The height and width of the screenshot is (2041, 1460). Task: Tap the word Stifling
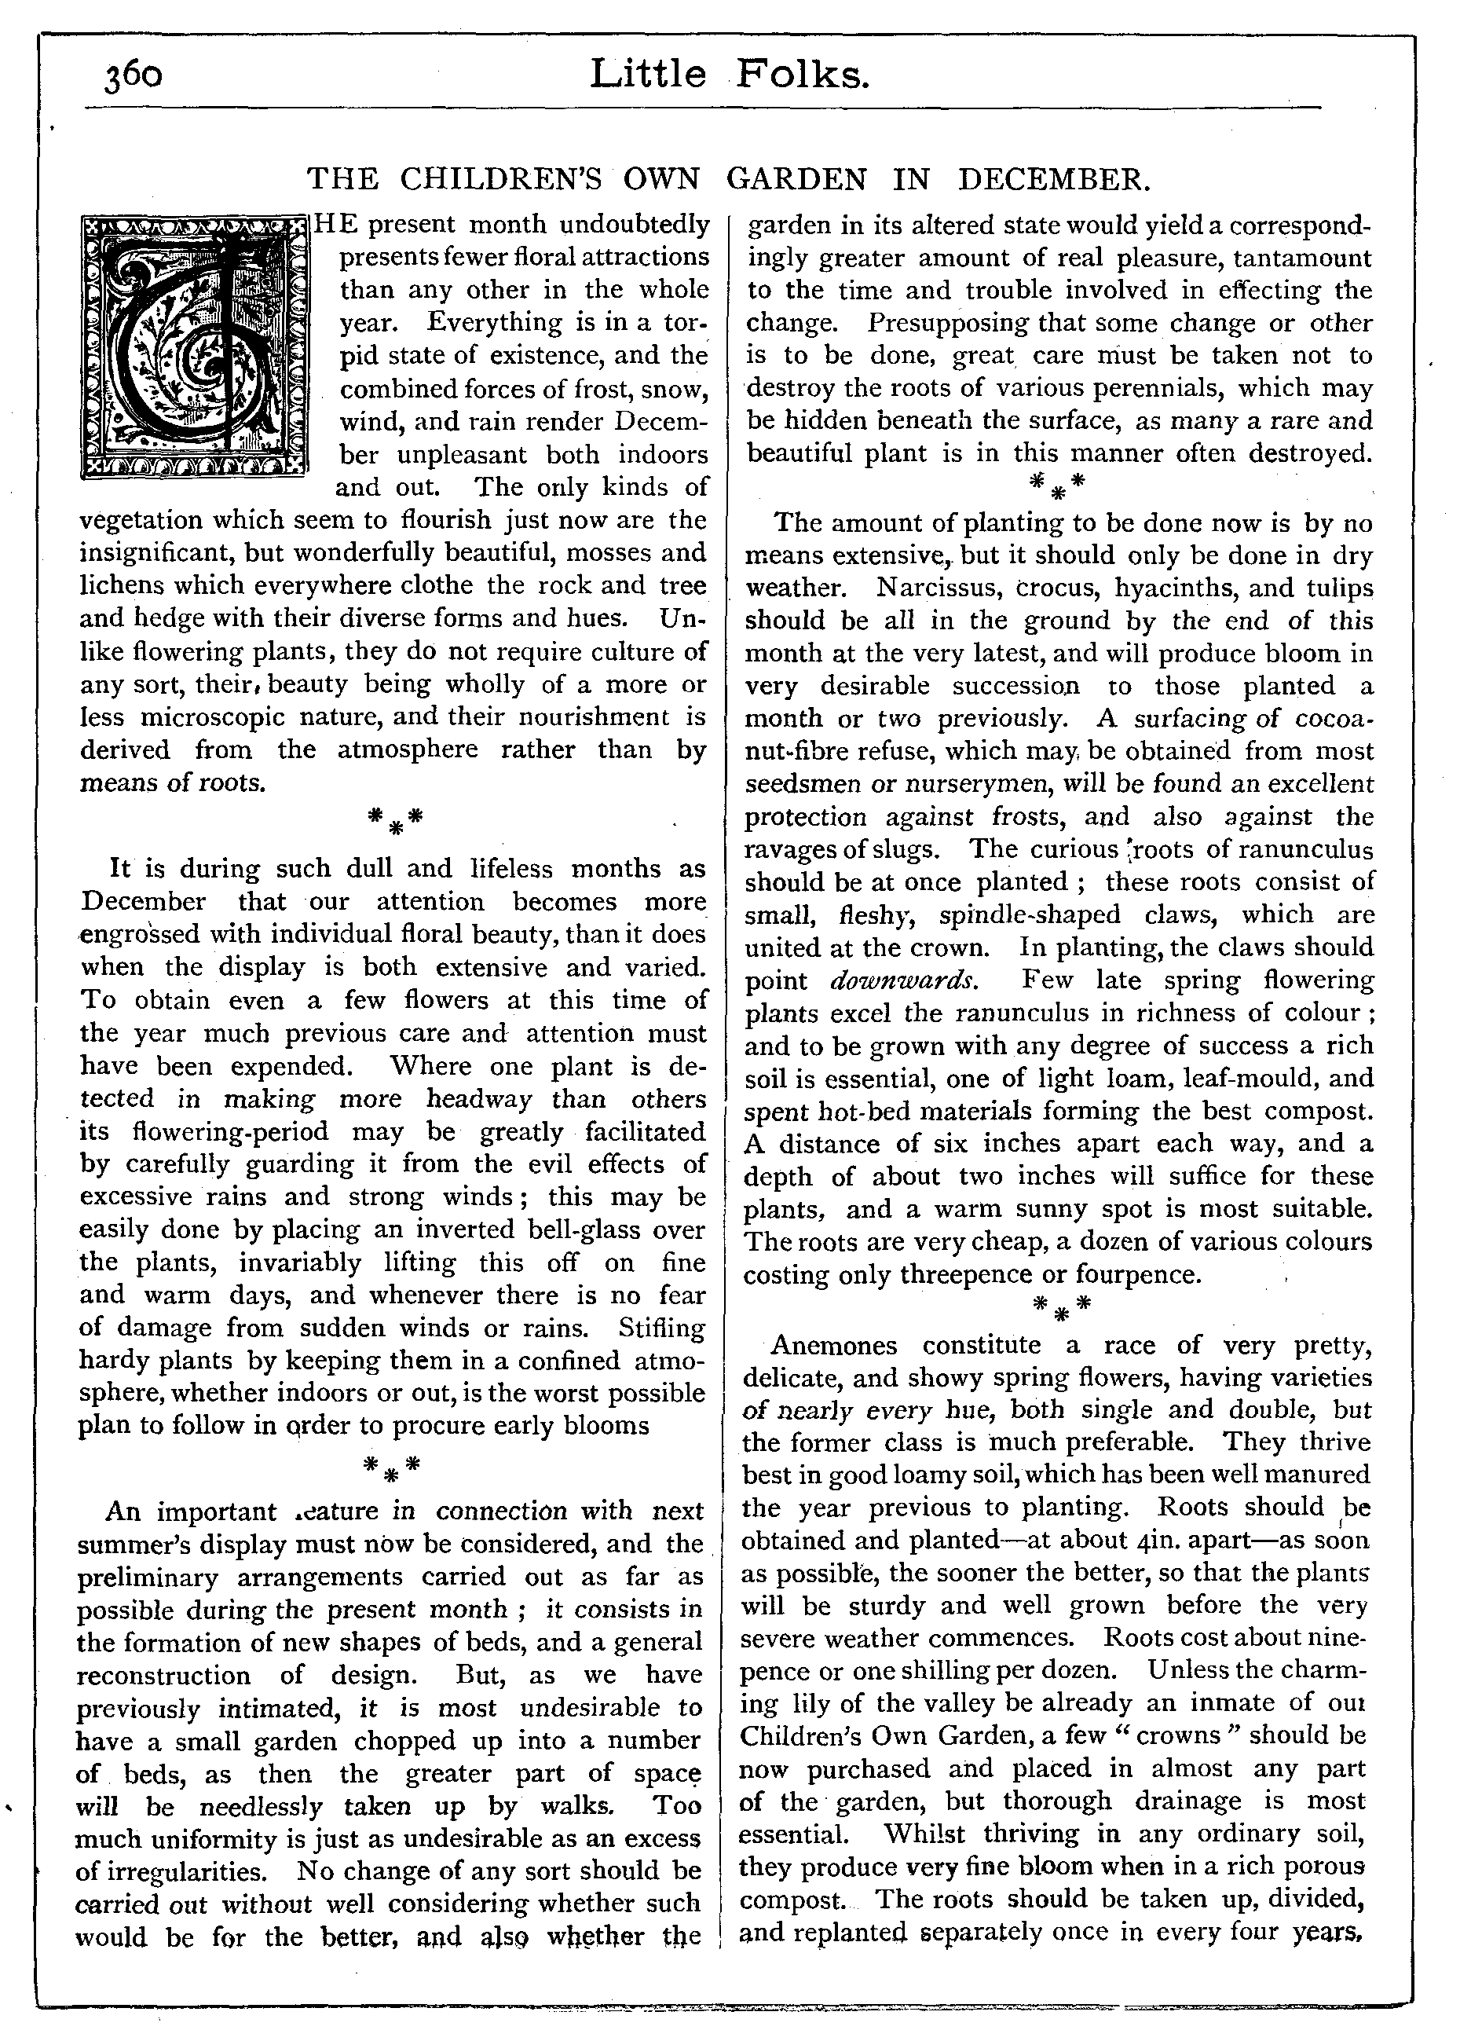(x=662, y=1327)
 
